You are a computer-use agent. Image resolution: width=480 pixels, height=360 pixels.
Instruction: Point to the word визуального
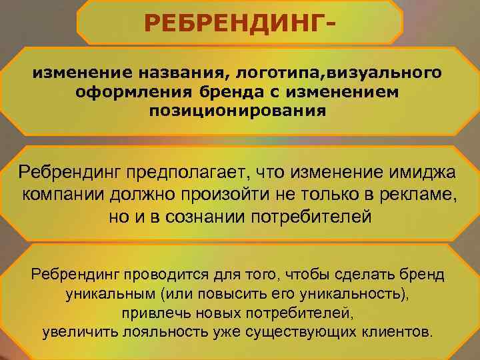pos(385,72)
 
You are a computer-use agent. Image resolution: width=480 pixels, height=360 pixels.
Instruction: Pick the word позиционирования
pos(238,111)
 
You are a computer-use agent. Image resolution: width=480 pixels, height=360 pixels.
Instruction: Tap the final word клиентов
pos(396,332)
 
